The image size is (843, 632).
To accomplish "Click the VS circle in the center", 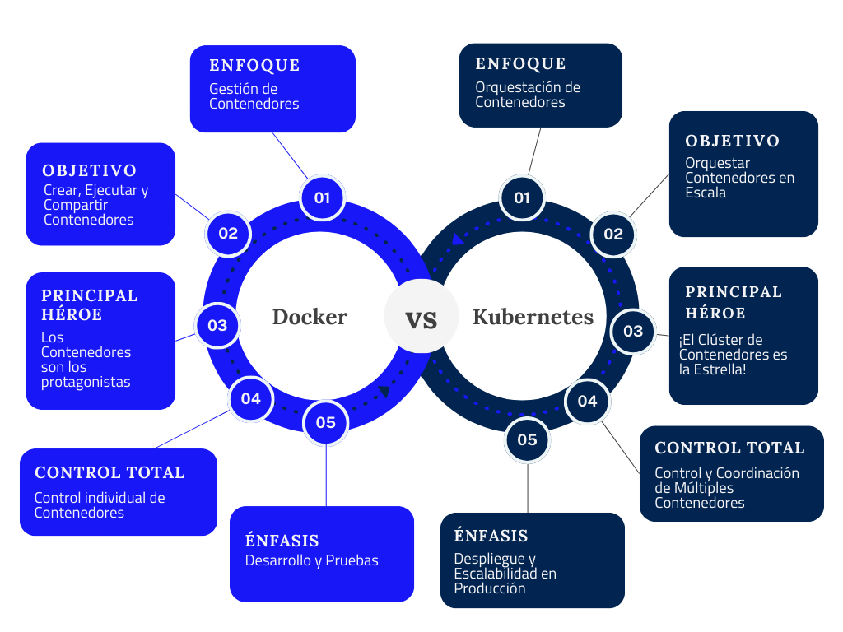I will pyautogui.click(x=421, y=317).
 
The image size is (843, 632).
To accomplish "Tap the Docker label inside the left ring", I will pyautogui.click(x=310, y=317).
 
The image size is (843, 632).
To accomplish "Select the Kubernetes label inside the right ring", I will pyautogui.click(x=533, y=317).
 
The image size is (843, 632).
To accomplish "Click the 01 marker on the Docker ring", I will pyautogui.click(x=322, y=197).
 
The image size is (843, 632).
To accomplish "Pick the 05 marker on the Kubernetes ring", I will pyautogui.click(x=527, y=439).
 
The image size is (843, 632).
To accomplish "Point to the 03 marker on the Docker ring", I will pyautogui.click(x=217, y=325).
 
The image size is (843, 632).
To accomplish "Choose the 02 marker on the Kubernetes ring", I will pyautogui.click(x=613, y=234).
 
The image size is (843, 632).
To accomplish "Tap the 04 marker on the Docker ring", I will pyautogui.click(x=251, y=399).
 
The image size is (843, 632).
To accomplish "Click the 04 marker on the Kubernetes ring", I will pyautogui.click(x=587, y=401).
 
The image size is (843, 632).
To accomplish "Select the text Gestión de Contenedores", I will pyautogui.click(x=254, y=96).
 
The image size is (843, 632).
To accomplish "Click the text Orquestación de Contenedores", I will pyautogui.click(x=527, y=95).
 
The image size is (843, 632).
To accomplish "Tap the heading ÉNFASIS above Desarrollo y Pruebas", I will pyautogui.click(x=282, y=541).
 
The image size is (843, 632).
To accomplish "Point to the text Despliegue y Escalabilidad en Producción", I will pyautogui.click(x=505, y=574).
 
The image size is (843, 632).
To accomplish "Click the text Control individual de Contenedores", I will pyautogui.click(x=100, y=505).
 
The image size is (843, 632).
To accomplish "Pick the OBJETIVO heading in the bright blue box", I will pyautogui.click(x=89, y=170).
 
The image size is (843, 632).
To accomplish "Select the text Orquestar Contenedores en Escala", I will pyautogui.click(x=739, y=178).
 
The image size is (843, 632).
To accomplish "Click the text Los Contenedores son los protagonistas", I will pyautogui.click(x=86, y=360).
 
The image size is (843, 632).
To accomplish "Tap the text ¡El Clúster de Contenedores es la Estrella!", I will pyautogui.click(x=733, y=355).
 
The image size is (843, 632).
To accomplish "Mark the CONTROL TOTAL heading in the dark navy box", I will pyautogui.click(x=729, y=448).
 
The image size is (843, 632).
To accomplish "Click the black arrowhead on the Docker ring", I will pyautogui.click(x=384, y=392).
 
